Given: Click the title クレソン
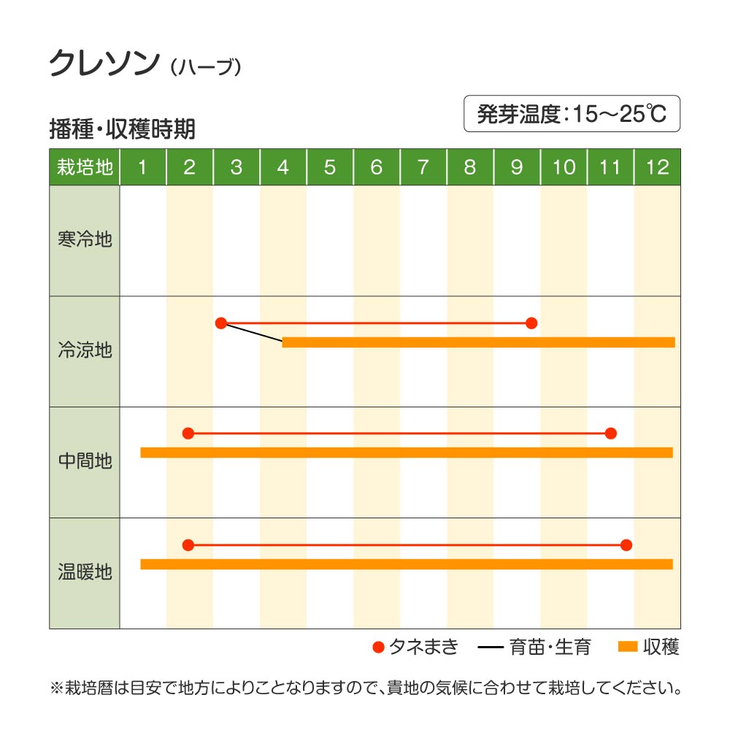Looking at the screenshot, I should [104, 64].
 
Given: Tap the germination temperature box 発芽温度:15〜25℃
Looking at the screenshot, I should [572, 114].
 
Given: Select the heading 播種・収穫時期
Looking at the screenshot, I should [122, 129].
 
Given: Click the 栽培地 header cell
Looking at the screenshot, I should [85, 167].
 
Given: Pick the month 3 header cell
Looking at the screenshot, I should [236, 167].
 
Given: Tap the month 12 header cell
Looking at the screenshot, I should [657, 167].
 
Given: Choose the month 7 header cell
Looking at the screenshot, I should [423, 167].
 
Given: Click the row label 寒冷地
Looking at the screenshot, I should [85, 239].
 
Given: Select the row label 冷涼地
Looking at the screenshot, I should [85, 350].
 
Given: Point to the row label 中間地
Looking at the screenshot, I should [85, 461].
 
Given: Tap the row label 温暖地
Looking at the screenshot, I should [85, 572].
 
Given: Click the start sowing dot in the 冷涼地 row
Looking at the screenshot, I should [221, 323].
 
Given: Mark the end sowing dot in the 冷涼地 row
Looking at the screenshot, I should [531, 323].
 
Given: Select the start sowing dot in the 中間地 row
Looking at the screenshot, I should [188, 433].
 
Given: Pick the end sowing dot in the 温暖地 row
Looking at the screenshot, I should [626, 545].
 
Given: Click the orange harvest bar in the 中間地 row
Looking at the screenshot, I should [406, 453].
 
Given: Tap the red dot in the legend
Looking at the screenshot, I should [377, 647].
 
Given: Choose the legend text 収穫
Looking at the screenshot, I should [661, 647].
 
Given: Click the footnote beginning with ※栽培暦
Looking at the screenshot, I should [365, 688].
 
